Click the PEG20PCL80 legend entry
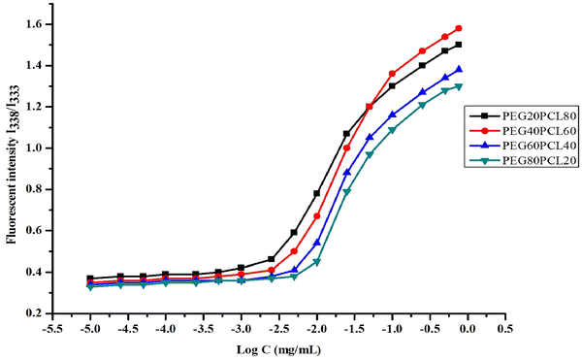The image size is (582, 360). click(x=519, y=115)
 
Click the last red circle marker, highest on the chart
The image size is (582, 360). click(x=459, y=28)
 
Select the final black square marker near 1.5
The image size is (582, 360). click(x=459, y=45)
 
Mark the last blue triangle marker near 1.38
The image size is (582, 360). click(x=459, y=70)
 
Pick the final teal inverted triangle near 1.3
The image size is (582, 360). click(x=459, y=86)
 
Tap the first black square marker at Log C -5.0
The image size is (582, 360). click(x=90, y=278)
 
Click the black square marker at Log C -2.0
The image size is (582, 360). click(x=316, y=193)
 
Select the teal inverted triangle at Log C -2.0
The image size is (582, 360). click(x=316, y=262)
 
